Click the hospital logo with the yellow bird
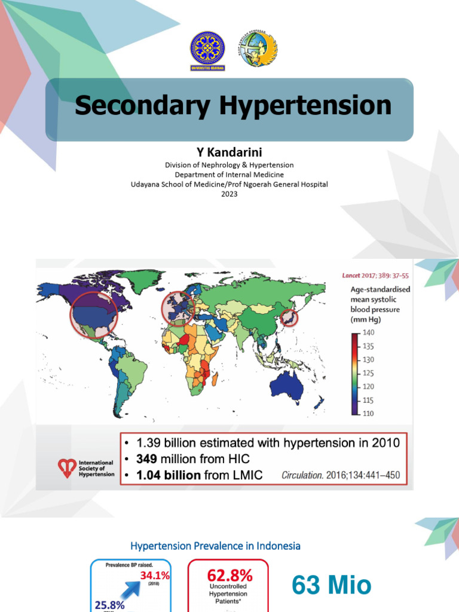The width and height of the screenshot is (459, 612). point(258,49)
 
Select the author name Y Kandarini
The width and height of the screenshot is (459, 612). point(229,152)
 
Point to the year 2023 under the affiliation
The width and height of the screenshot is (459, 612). point(229,194)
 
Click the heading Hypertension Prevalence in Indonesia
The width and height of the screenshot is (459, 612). point(215,546)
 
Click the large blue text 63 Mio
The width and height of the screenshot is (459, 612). point(332,585)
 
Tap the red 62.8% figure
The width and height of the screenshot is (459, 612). point(229,576)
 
